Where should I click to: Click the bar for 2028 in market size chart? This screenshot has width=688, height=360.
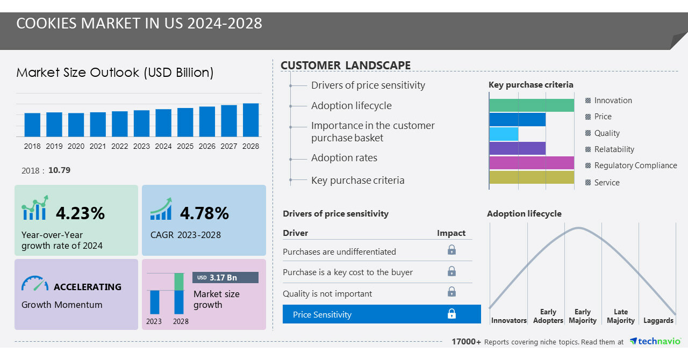point(250,120)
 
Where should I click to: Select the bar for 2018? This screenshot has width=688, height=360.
point(32,125)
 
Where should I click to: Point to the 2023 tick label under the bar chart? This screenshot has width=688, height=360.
point(141,146)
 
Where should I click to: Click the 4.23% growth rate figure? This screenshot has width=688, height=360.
point(80,213)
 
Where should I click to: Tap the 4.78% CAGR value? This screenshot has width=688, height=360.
point(204,213)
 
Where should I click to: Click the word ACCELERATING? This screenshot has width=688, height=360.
point(88,287)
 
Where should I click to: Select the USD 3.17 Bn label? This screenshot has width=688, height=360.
point(225,277)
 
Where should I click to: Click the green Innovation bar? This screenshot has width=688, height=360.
point(532,105)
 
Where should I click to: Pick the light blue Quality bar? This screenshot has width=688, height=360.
point(504,134)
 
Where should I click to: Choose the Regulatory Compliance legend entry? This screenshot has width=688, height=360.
point(635,165)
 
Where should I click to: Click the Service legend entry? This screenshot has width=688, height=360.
point(606,183)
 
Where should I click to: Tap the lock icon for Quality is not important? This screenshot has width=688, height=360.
point(451,292)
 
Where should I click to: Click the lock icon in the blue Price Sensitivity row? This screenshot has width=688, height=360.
point(451,314)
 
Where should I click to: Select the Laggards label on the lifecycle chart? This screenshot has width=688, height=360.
point(658,321)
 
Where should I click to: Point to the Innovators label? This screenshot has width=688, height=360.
point(508,321)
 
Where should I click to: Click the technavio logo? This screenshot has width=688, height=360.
point(655,342)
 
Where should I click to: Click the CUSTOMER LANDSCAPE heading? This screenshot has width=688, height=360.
point(346,66)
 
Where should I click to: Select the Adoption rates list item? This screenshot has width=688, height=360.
point(344,158)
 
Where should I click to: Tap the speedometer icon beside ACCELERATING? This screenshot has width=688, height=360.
point(35,284)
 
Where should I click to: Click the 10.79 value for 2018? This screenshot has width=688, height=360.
point(59,170)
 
